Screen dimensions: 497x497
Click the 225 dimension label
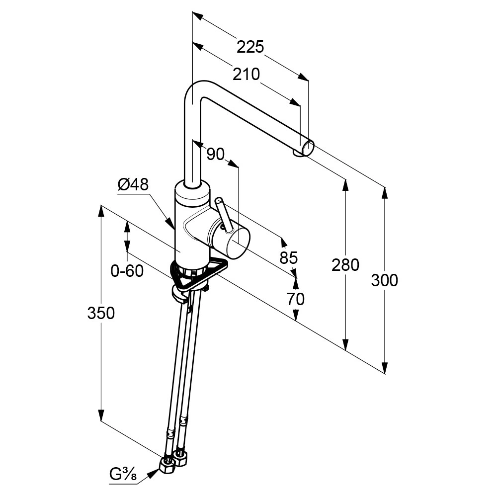(249, 47)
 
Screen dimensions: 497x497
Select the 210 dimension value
(247, 74)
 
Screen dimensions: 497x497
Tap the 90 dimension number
(215, 155)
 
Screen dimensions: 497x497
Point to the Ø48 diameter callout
(133, 184)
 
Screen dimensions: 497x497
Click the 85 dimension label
(288, 257)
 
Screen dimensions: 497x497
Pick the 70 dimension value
(295, 299)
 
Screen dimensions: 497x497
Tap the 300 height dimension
(384, 280)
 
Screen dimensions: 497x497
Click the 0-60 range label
(127, 271)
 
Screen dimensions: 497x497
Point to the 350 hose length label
(101, 313)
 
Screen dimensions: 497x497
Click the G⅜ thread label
(123, 475)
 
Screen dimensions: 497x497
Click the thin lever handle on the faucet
(223, 214)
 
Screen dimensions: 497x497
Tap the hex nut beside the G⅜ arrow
(166, 465)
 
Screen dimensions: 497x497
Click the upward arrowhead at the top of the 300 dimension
(384, 192)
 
